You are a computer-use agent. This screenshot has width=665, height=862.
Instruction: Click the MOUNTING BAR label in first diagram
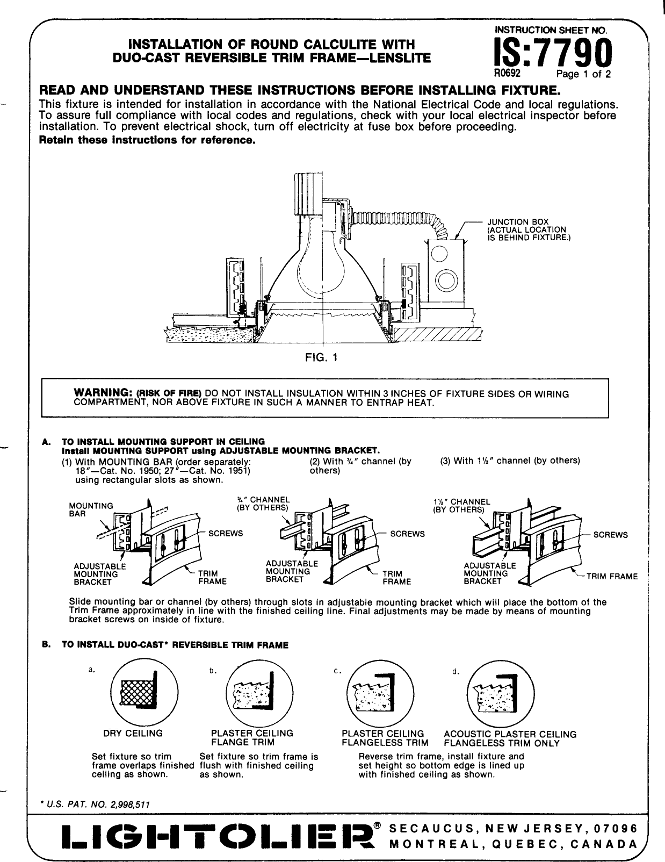(91, 509)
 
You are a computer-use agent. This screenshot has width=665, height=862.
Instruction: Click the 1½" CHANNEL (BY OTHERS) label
(461, 505)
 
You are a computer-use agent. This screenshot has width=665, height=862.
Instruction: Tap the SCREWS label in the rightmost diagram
(611, 535)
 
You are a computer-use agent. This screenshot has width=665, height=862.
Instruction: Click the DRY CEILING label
(133, 733)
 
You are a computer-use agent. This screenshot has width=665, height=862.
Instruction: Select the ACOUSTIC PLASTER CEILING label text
(510, 734)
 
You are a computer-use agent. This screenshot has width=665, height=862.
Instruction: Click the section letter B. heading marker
(46, 644)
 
